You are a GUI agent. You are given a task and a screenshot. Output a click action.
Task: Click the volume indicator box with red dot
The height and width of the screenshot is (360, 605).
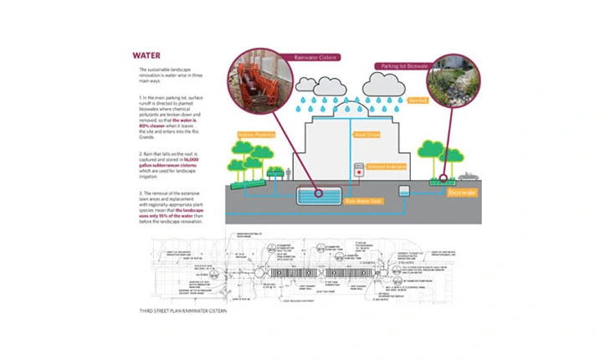[360, 168]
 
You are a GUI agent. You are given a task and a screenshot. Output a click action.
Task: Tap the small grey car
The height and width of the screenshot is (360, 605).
[465, 177]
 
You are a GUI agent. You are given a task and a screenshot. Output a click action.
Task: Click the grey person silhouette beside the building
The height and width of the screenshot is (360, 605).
[288, 173]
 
